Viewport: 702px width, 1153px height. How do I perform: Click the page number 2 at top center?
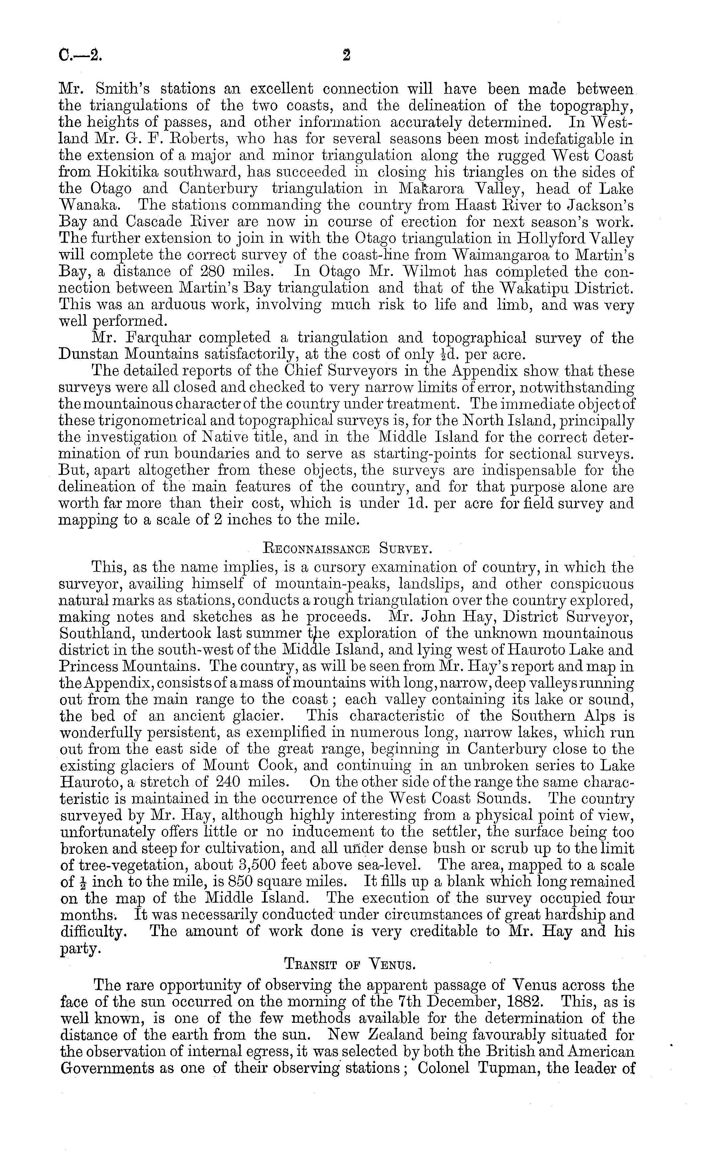coord(346,56)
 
